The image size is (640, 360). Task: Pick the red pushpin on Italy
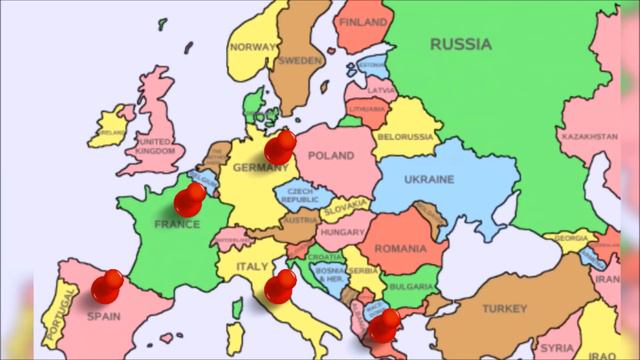pyautogui.click(x=280, y=287)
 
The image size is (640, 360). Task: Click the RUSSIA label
pyautogui.click(x=460, y=44)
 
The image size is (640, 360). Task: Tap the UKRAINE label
pyautogui.click(x=428, y=180)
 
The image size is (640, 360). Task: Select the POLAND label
pyautogui.click(x=331, y=156)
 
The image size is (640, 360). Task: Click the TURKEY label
pyautogui.click(x=504, y=309)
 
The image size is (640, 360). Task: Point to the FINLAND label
pyautogui.click(x=364, y=21)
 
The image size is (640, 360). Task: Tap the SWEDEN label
pyautogui.click(x=299, y=60)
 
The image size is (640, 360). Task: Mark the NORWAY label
pyautogui.click(x=253, y=47)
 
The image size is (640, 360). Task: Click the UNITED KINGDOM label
pyautogui.click(x=154, y=147)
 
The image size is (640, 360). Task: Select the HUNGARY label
pyautogui.click(x=342, y=232)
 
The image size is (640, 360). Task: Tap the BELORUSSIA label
pyautogui.click(x=406, y=136)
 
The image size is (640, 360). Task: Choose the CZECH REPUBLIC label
pyautogui.click(x=300, y=195)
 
